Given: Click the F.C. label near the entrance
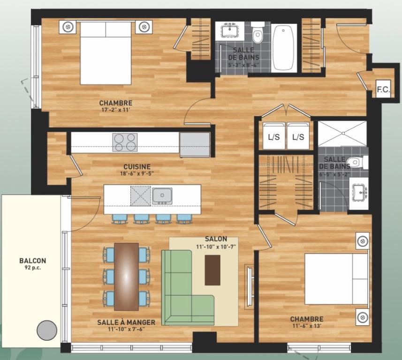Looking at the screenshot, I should [383, 90].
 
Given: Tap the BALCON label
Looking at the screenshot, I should [33, 261].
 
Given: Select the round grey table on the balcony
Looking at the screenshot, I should [47, 330].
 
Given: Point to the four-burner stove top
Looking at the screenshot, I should [125, 142].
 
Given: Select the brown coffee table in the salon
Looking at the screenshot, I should [212, 270].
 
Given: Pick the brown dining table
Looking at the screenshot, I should [127, 276].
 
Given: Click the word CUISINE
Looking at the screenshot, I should [137, 166].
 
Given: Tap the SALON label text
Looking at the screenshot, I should [216, 239].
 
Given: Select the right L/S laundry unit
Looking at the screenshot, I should [298, 136].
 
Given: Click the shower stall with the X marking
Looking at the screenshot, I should [342, 134].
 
